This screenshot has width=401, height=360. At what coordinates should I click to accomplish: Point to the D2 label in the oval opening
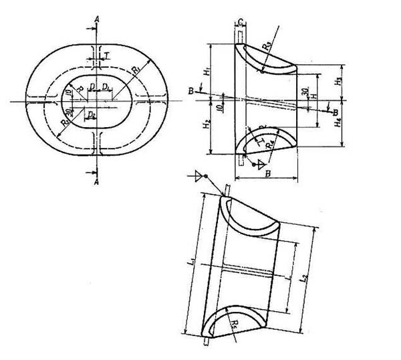(x=92, y=116)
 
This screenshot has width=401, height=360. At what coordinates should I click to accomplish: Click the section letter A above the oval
(x=98, y=21)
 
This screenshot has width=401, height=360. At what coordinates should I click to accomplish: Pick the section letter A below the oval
(x=98, y=181)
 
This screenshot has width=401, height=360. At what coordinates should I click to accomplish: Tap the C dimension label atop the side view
(x=239, y=23)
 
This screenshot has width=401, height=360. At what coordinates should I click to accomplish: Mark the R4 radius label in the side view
(x=269, y=144)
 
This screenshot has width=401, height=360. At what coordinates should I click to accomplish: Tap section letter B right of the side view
(x=335, y=114)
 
